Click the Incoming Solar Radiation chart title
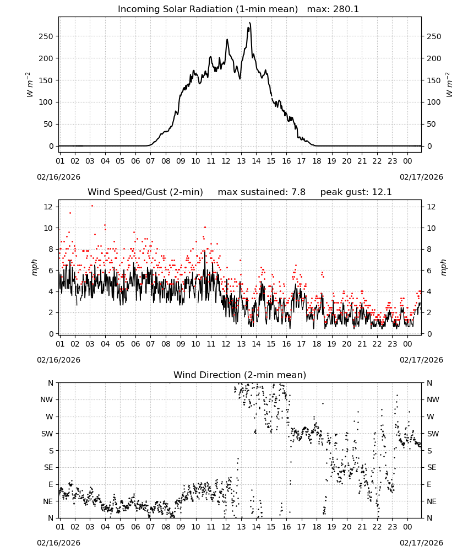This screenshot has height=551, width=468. point(208,9)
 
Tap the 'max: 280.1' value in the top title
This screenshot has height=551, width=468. point(333,9)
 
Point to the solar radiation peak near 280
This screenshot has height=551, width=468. point(249,23)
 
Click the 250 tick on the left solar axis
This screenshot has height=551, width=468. point(46,36)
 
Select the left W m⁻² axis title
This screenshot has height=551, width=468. point(29,85)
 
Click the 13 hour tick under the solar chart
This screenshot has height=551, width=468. point(241,161)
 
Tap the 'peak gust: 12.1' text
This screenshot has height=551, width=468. point(356,192)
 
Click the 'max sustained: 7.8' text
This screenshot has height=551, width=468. point(262,192)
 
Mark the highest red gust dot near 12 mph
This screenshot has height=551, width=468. point(92,206)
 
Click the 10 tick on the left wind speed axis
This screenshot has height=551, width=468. point(48,228)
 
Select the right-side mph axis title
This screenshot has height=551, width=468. point(443,267)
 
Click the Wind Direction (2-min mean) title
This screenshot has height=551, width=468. point(240,375)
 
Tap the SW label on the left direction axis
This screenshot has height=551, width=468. point(47,434)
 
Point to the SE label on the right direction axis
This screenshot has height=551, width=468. point(432,467)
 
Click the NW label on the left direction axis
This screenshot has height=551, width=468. point(47,399)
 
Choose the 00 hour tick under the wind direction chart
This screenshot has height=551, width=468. point(407,527)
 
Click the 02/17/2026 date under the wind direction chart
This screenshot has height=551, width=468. point(421,543)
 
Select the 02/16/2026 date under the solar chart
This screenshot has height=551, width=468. point(58,177)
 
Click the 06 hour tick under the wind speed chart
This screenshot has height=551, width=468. point(135,344)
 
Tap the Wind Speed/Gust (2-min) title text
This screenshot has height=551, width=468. point(145,192)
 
